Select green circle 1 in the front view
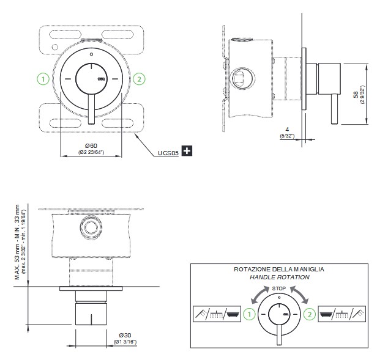[x=43, y=79]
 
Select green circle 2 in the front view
[x=139, y=79]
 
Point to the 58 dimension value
[x=356, y=94]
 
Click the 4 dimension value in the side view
[x=287, y=129]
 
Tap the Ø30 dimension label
[x=125, y=335]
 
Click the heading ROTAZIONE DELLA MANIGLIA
[x=279, y=269]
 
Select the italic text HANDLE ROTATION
[x=279, y=277]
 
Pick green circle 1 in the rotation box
[x=248, y=315]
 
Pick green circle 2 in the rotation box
[x=310, y=315]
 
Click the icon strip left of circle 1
[x=217, y=314]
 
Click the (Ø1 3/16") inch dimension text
[x=125, y=342]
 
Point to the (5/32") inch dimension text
[x=287, y=136]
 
